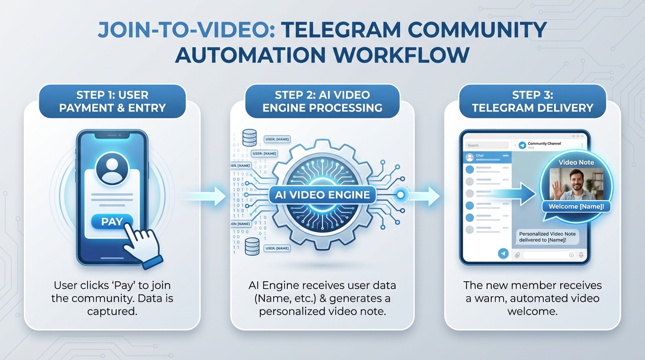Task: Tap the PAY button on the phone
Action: (112, 222)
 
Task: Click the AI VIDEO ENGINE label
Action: (322, 195)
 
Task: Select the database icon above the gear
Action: (249, 138)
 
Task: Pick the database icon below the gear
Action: (252, 246)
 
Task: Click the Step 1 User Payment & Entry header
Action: (112, 101)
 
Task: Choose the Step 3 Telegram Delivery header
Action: (532, 101)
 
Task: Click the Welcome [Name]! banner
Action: (576, 206)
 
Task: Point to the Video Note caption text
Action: (576, 162)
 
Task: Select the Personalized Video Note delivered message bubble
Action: (547, 237)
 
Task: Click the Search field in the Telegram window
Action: (486, 145)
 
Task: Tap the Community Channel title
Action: (544, 144)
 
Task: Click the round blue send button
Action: (503, 254)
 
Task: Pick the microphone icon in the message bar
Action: (581, 255)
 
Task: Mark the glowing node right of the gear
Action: (400, 195)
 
